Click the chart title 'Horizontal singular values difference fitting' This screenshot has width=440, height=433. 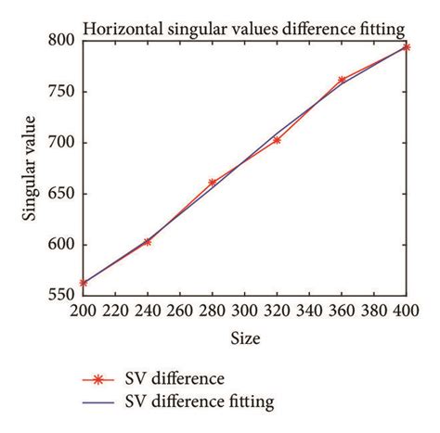tap(244, 28)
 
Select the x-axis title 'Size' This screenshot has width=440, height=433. tap(245, 339)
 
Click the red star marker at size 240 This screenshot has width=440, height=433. tap(148, 241)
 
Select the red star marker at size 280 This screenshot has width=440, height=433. tap(212, 183)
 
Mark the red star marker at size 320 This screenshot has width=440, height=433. tap(277, 140)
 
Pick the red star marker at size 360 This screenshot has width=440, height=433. tap(342, 80)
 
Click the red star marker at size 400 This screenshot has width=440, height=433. tap(406, 46)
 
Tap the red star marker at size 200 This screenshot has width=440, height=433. tap(84, 283)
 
